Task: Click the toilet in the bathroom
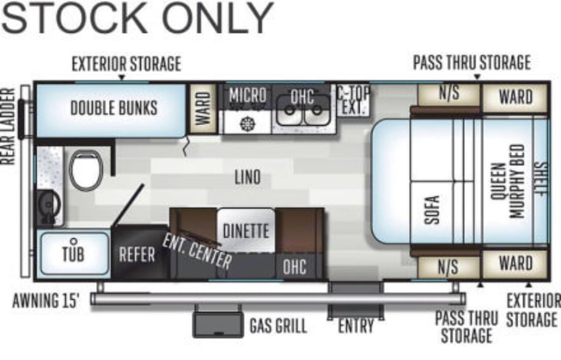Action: pyautogui.click(x=86, y=170)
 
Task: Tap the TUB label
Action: pyautogui.click(x=74, y=253)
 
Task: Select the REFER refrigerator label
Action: pyautogui.click(x=137, y=254)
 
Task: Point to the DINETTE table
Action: pyautogui.click(x=246, y=230)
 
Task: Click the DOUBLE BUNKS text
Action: pyautogui.click(x=114, y=108)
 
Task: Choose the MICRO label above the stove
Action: pyautogui.click(x=248, y=95)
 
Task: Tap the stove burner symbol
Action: pyautogui.click(x=247, y=124)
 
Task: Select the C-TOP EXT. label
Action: pyautogui.click(x=354, y=101)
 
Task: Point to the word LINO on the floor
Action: pyautogui.click(x=248, y=177)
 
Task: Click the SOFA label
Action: pyautogui.click(x=432, y=210)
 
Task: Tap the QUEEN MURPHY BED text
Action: pyautogui.click(x=508, y=181)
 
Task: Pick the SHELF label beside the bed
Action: pyautogui.click(x=540, y=179)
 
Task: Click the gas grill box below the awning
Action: pyautogui.click(x=218, y=324)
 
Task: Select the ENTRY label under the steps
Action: pyautogui.click(x=356, y=326)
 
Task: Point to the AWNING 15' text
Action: pyautogui.click(x=45, y=301)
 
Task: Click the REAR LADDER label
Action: pyautogui.click(x=8, y=127)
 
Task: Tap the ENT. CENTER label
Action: pyautogui.click(x=197, y=252)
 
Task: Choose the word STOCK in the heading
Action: pyautogui.click(x=74, y=18)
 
